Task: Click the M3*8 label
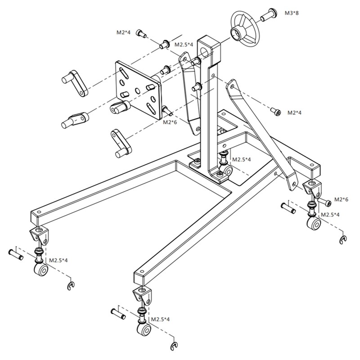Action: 292,13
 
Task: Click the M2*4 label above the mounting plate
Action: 123,32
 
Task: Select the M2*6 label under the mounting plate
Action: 170,122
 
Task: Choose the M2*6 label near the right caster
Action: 341,199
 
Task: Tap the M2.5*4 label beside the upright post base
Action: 241,159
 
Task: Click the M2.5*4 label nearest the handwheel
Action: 184,45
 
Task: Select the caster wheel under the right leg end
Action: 312,223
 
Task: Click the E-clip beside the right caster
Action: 343,239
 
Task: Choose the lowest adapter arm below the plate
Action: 119,144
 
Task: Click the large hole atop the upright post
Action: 207,49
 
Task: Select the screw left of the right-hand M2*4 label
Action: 275,111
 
